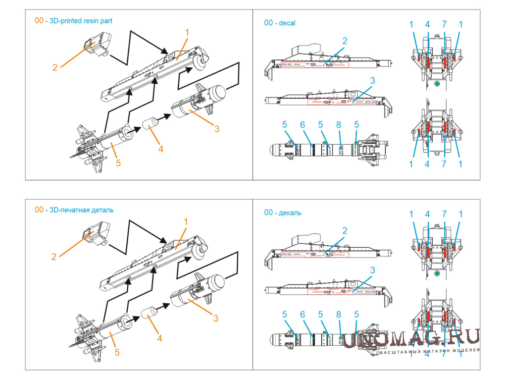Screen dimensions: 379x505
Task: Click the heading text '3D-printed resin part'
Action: pyautogui.click(x=81, y=21)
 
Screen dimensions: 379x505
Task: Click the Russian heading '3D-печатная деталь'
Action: pyautogui.click(x=82, y=210)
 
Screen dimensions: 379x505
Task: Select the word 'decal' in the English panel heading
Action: pyautogui.click(x=287, y=23)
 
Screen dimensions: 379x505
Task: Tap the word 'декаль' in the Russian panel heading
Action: pyautogui.click(x=290, y=213)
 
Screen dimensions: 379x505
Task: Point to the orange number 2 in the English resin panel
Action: pyautogui.click(x=55, y=67)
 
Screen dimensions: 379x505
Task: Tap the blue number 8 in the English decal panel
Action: pyautogui.click(x=340, y=125)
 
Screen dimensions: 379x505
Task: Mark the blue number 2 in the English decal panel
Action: pyautogui.click(x=345, y=41)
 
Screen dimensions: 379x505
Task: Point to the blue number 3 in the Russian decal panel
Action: pyautogui.click(x=372, y=270)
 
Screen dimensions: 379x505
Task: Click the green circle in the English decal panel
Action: pyautogui.click(x=437, y=85)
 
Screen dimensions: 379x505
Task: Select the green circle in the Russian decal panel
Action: pyautogui.click(x=437, y=274)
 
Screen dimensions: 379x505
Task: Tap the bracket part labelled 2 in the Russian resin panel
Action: pyautogui.click(x=95, y=232)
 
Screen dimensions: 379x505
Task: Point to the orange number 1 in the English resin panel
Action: pyautogui.click(x=187, y=33)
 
